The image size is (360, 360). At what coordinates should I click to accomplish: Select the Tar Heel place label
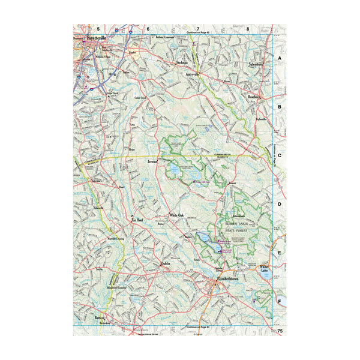coord(139,220)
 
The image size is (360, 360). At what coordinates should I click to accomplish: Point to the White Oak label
coord(176,215)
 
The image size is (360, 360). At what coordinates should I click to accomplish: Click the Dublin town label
coord(166,263)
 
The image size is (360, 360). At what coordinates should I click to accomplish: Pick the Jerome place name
coord(153,162)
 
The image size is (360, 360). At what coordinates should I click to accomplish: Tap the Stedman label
coord(182,62)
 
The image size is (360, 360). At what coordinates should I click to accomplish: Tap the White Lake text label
coord(265,268)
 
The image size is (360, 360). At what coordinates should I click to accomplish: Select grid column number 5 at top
coord(97,28)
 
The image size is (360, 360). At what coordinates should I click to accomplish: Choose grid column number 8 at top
coord(248,28)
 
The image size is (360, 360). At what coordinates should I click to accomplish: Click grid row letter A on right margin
coord(279,58)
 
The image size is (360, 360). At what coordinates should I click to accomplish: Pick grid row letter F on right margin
coord(279,301)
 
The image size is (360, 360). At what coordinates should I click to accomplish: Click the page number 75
coord(280,331)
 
